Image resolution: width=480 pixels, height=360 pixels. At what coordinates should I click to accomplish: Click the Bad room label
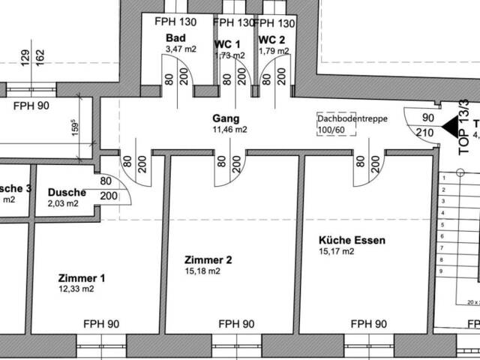click(175, 38)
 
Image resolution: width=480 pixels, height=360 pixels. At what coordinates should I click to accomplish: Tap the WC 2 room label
click(271, 39)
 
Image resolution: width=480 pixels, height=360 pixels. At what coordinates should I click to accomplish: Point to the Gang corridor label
click(225, 118)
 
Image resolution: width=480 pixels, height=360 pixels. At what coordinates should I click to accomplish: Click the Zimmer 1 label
click(81, 278)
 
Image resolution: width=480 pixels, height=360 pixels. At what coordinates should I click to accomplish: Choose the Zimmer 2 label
click(208, 260)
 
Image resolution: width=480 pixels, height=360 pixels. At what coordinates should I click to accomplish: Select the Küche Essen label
click(352, 241)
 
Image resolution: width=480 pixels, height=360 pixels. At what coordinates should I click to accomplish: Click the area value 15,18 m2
click(203, 271)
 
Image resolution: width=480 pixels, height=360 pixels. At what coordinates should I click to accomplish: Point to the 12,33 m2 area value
click(76, 289)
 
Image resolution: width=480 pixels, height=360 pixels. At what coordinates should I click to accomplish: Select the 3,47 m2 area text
click(180, 49)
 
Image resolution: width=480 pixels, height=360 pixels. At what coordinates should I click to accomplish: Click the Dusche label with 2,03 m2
click(67, 192)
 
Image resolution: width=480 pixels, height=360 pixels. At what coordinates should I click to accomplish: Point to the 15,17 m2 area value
click(336, 252)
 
